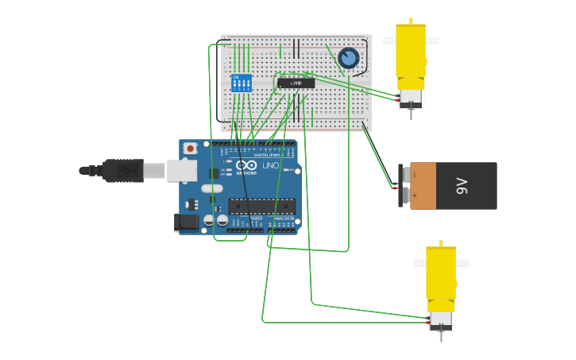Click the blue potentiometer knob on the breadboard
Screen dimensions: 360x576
tap(348, 57)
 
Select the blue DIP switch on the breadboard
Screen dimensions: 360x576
tap(242, 83)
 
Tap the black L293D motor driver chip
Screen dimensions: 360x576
tap(296, 83)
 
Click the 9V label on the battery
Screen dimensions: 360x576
tap(462, 186)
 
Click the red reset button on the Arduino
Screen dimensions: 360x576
tap(190, 148)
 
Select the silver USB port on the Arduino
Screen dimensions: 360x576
tap(181, 170)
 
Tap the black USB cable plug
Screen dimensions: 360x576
tap(123, 170)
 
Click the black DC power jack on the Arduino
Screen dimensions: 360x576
tap(187, 223)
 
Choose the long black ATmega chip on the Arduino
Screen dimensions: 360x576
tap(261, 207)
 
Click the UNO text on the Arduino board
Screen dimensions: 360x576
tap(270, 165)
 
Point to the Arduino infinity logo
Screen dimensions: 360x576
tap(245, 165)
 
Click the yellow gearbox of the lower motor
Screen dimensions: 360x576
tap(441, 274)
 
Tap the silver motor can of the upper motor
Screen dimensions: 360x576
tap(410, 98)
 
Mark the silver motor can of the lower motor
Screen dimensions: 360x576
tap(440, 320)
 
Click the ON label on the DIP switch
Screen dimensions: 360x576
tap(235, 77)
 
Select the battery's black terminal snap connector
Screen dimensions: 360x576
tap(404, 186)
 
